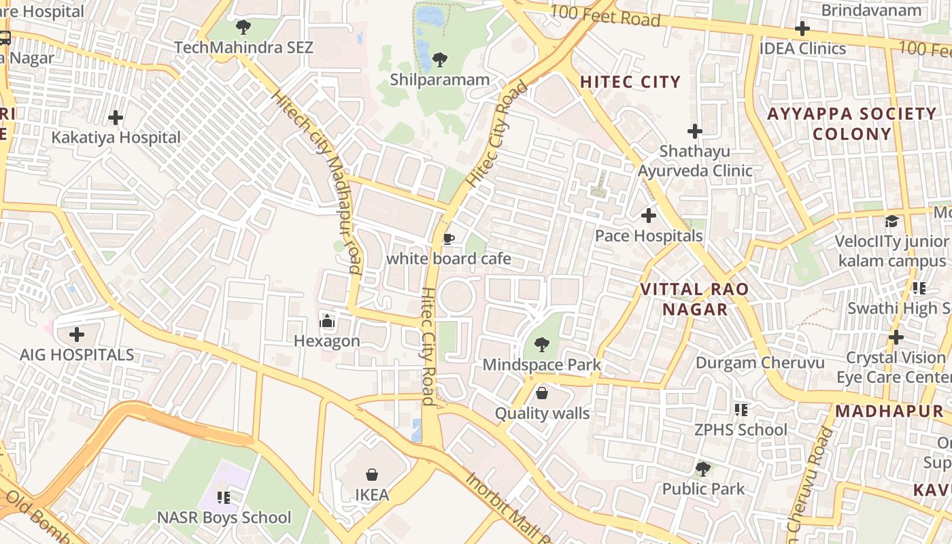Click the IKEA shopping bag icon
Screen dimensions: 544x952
[372, 474]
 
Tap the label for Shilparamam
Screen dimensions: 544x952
[439, 80]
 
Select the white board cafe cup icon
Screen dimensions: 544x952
[448, 239]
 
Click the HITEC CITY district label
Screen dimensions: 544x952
[630, 82]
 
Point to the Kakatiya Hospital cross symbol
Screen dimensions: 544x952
[116, 118]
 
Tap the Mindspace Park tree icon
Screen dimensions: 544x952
[541, 345]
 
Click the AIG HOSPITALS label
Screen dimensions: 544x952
[77, 355]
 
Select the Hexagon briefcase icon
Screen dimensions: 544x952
[327, 321]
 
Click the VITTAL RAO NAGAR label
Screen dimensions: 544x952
[694, 299]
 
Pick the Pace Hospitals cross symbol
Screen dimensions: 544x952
[649, 216]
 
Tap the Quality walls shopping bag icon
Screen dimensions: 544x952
[542, 393]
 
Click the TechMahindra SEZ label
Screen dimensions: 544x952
[243, 48]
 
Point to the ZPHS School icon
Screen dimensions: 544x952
[741, 410]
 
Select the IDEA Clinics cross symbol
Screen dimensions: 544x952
[802, 29]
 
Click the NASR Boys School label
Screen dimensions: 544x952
[224, 517]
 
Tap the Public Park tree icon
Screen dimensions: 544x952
[703, 469]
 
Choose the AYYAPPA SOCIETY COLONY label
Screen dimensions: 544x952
[851, 123]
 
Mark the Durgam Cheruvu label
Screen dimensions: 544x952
[760, 362]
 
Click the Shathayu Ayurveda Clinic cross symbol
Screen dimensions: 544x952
[694, 131]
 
